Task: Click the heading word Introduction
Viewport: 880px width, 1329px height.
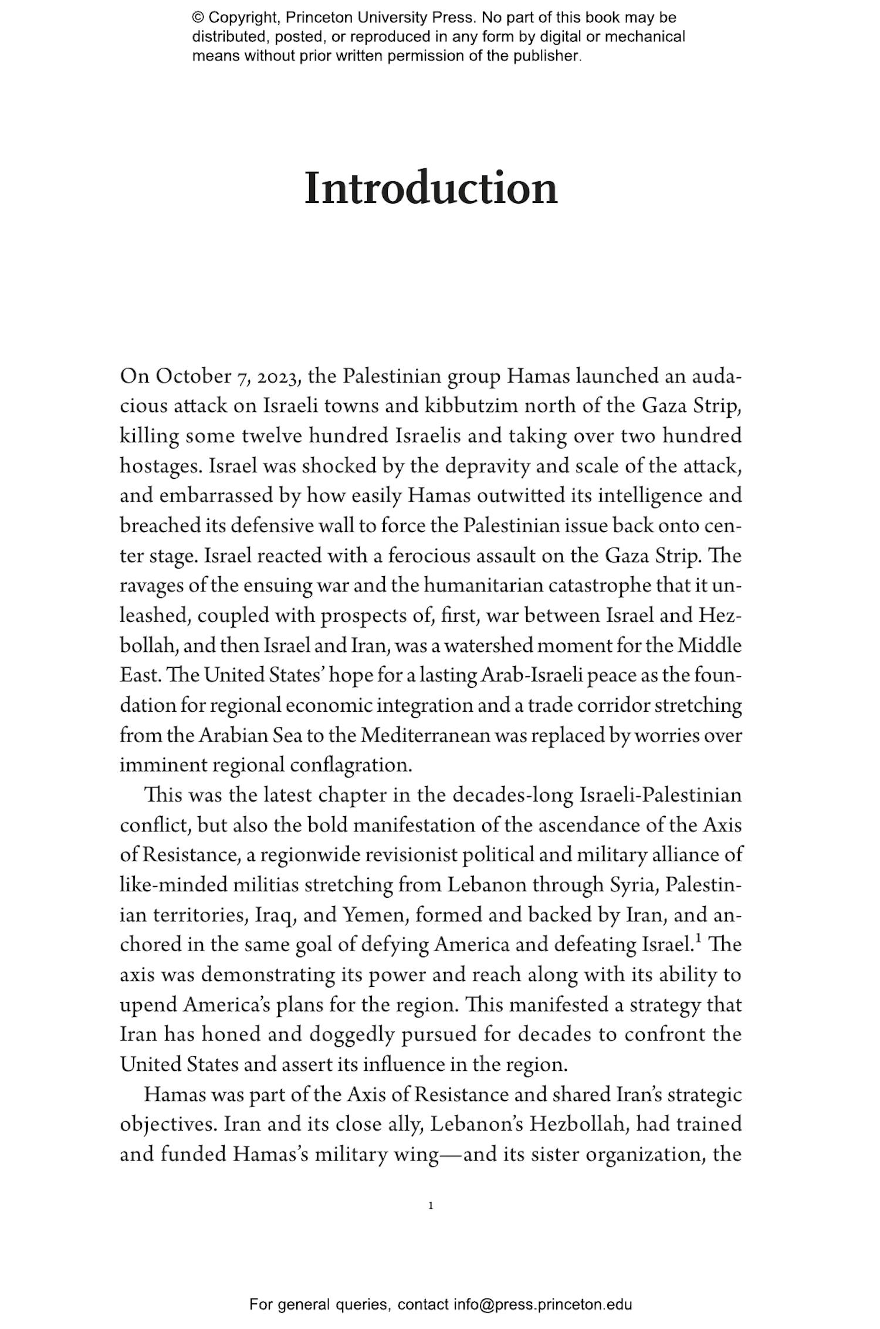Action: (431, 188)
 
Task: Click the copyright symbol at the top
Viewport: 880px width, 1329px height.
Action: (198, 18)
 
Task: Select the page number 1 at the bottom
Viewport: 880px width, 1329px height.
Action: (431, 1206)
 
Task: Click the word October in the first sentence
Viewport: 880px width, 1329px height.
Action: (193, 377)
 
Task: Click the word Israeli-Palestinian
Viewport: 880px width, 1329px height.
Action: (661, 796)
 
